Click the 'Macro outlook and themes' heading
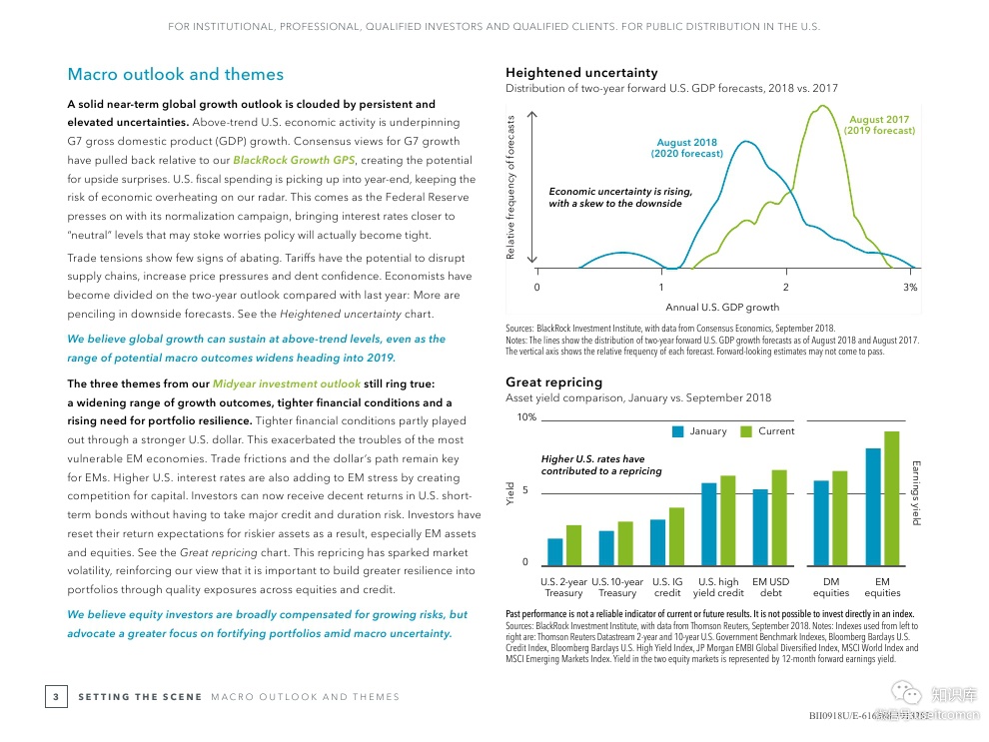[x=175, y=75]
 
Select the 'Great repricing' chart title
[x=553, y=382]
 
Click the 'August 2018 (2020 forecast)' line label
[x=686, y=149]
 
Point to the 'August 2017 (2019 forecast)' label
[x=879, y=125]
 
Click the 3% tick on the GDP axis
[x=910, y=288]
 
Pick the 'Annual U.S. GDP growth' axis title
[x=722, y=307]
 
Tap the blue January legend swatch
[x=678, y=431]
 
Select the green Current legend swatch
[x=746, y=431]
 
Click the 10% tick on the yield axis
[x=525, y=417]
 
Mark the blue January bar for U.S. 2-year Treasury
[x=555, y=552]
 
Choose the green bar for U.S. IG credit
[x=676, y=537]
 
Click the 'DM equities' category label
[x=830, y=587]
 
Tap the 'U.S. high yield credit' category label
[x=718, y=587]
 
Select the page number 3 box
[x=56, y=696]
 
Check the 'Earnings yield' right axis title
[x=916, y=492]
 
